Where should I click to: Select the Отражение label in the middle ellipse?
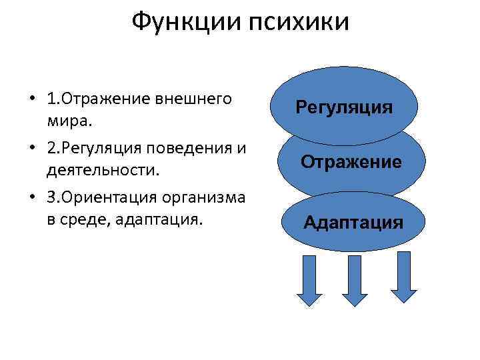pyautogui.click(x=351, y=161)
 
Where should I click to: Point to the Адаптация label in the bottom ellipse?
pyautogui.click(x=353, y=222)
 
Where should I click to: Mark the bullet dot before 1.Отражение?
pyautogui.click(x=31, y=101)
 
